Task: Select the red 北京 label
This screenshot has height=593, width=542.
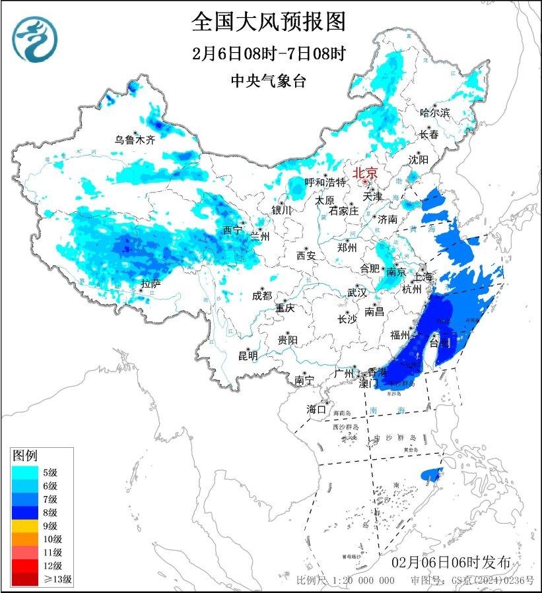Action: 364,173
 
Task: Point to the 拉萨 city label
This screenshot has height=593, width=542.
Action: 151,284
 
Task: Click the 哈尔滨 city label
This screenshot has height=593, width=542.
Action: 434,113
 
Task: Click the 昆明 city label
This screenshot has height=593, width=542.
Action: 248,356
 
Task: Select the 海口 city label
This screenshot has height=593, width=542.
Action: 316,410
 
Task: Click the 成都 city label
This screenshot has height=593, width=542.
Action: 261,296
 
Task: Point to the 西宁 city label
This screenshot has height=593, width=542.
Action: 232,230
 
